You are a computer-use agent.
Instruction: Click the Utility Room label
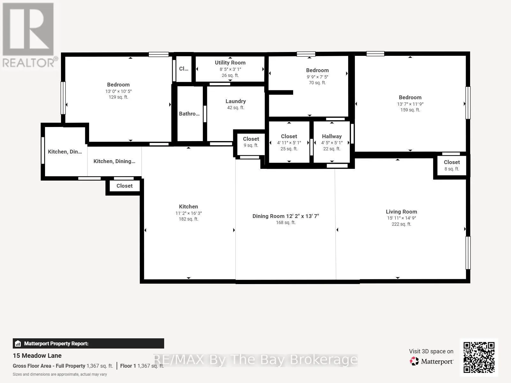point(230,63)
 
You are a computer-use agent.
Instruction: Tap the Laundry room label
point(236,101)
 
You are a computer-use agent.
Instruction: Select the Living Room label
point(401,212)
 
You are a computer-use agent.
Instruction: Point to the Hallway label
point(332,136)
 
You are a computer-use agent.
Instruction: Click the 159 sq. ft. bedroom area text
point(410,110)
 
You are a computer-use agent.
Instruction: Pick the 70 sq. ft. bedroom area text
point(317,83)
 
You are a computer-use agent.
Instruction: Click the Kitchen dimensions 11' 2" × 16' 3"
point(188,213)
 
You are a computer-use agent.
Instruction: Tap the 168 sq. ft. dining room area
point(286,222)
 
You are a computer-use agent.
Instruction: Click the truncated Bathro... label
point(189,114)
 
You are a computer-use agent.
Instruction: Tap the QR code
point(479,357)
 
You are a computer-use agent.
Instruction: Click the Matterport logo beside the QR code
point(431,361)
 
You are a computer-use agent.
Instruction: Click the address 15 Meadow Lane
point(37,356)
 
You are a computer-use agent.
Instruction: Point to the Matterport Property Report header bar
point(88,343)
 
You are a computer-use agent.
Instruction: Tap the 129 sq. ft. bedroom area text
point(118,97)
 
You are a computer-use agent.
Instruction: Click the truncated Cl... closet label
point(183,69)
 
